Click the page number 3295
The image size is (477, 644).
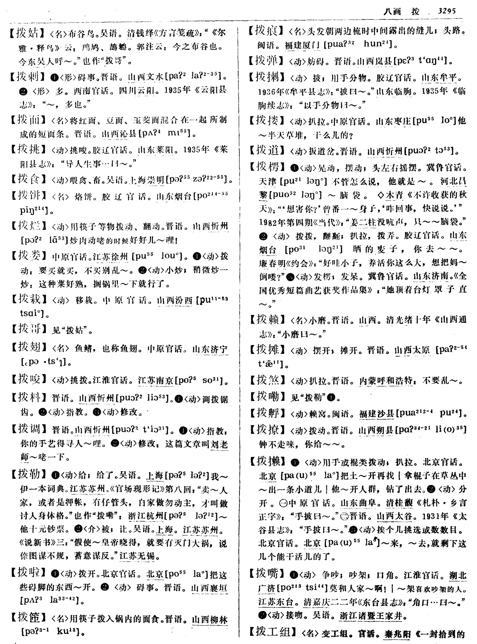coord(446,11)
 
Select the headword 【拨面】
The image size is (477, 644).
coord(28,119)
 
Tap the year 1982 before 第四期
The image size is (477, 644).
coord(268,222)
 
